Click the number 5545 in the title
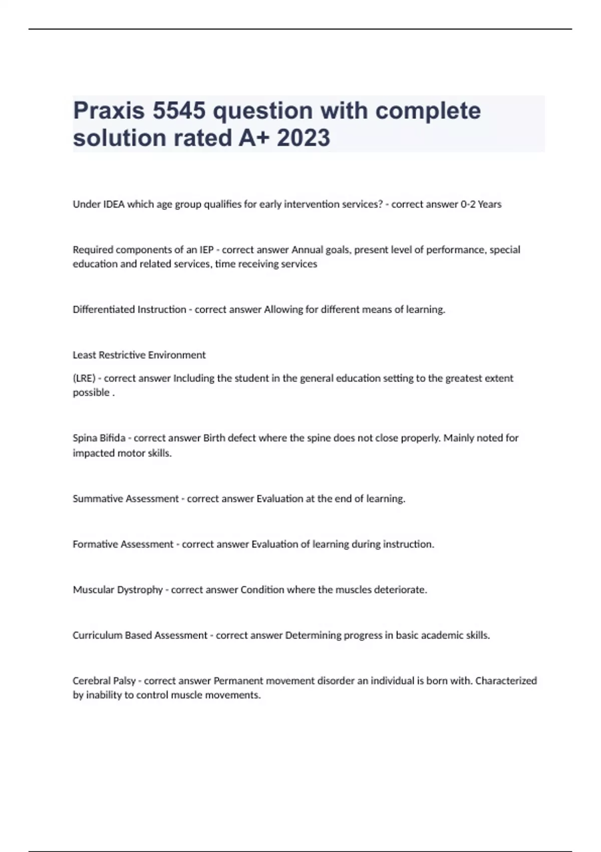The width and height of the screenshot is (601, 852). (179, 111)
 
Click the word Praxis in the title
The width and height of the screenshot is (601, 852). (109, 111)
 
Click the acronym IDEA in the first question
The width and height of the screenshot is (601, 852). (114, 204)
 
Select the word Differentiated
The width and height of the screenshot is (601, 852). (104, 310)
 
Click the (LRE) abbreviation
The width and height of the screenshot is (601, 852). (84, 378)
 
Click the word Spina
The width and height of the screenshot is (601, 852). (85, 438)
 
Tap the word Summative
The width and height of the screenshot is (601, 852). (98, 499)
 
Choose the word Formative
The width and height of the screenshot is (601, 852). (97, 544)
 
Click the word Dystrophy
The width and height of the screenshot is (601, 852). (140, 590)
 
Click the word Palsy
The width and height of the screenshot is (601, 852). (124, 681)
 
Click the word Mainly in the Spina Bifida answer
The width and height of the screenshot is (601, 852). (459, 438)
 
